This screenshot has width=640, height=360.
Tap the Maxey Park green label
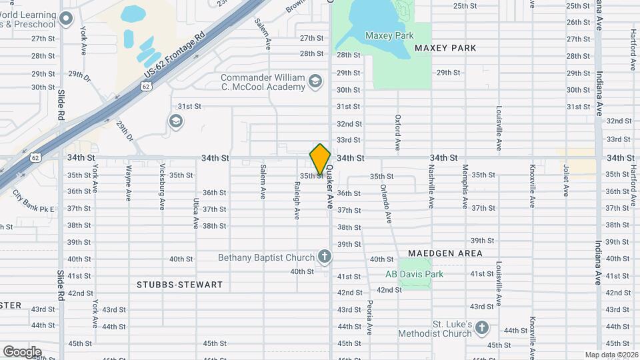point(389,36)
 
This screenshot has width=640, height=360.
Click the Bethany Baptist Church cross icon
point(324,257)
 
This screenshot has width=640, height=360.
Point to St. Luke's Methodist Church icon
point(482,327)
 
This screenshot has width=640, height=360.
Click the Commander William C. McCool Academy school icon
point(315,82)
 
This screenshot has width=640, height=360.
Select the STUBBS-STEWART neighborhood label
point(179,285)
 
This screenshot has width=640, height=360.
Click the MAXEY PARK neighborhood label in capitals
point(445,48)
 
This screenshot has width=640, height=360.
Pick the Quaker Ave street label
point(329,193)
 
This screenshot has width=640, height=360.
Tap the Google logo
point(22,351)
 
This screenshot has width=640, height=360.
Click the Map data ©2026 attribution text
point(611,355)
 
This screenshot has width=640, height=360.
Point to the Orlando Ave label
point(385,192)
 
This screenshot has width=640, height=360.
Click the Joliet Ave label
point(565,181)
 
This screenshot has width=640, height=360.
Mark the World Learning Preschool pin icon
point(65,18)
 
